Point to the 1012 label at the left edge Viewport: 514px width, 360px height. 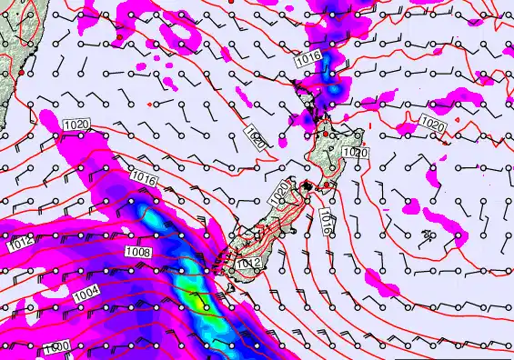pos(20,245)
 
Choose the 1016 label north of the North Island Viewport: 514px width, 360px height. pos(308,58)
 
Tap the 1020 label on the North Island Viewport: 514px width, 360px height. pos(356,153)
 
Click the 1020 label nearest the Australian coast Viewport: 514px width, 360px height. pos(76,124)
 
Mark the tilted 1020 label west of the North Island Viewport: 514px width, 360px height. pos(256,138)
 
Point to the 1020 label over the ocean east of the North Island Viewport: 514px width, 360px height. pos(433,123)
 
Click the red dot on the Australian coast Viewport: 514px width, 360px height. pos(20,71)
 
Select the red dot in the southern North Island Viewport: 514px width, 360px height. pos(327,185)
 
